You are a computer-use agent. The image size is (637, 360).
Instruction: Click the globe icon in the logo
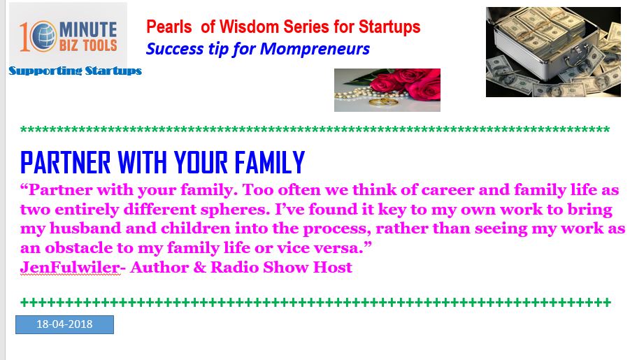pyautogui.click(x=43, y=36)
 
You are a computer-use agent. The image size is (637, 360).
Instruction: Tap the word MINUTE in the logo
pyautogui.click(x=88, y=29)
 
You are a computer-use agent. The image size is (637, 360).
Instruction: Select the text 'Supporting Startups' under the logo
pyautogui.click(x=75, y=71)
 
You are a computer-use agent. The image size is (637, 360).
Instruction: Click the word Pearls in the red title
pyautogui.click(x=169, y=27)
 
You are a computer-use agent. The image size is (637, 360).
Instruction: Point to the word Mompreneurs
pyautogui.click(x=315, y=49)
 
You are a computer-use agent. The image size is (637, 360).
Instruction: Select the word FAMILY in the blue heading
pyautogui.click(x=270, y=163)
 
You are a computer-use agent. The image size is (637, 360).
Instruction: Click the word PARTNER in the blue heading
pyautogui.click(x=66, y=163)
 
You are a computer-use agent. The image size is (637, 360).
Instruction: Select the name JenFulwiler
pyautogui.click(x=70, y=267)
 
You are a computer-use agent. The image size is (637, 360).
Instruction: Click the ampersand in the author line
pyautogui.click(x=200, y=267)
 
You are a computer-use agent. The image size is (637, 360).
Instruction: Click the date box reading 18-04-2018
pyautogui.click(x=64, y=324)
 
